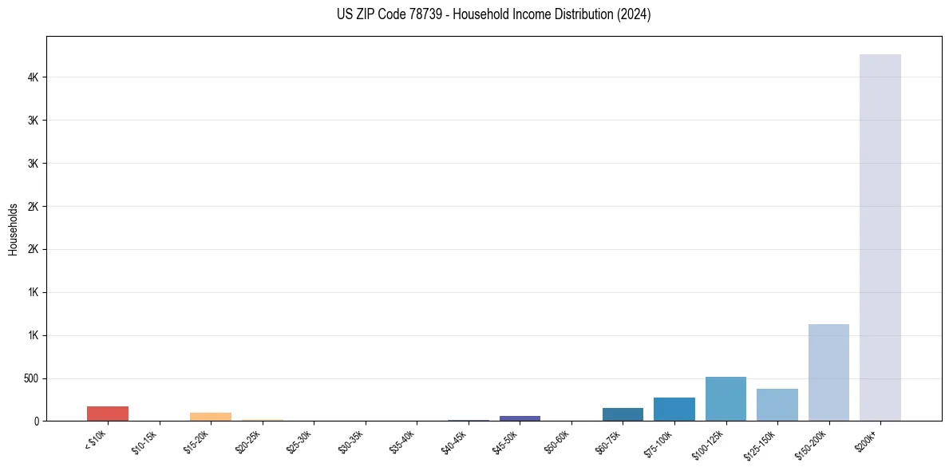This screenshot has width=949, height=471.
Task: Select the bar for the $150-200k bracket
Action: [x=828, y=372]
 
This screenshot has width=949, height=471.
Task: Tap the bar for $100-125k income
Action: [x=726, y=398]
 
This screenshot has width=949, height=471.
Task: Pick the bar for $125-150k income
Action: [x=777, y=405]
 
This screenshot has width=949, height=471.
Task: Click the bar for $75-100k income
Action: [x=674, y=409]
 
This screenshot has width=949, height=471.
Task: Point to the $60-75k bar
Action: [x=623, y=414]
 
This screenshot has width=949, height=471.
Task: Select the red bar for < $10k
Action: [x=108, y=414]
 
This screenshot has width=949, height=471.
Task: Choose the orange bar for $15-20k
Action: [x=211, y=417]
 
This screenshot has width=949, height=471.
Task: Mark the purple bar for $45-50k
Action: [x=520, y=418]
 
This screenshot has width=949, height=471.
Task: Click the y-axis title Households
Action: [x=13, y=228]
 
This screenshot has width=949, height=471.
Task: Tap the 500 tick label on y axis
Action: [x=30, y=378]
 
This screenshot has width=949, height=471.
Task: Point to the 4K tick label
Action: [x=34, y=77]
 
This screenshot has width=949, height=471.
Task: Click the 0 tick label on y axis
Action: [x=37, y=421]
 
